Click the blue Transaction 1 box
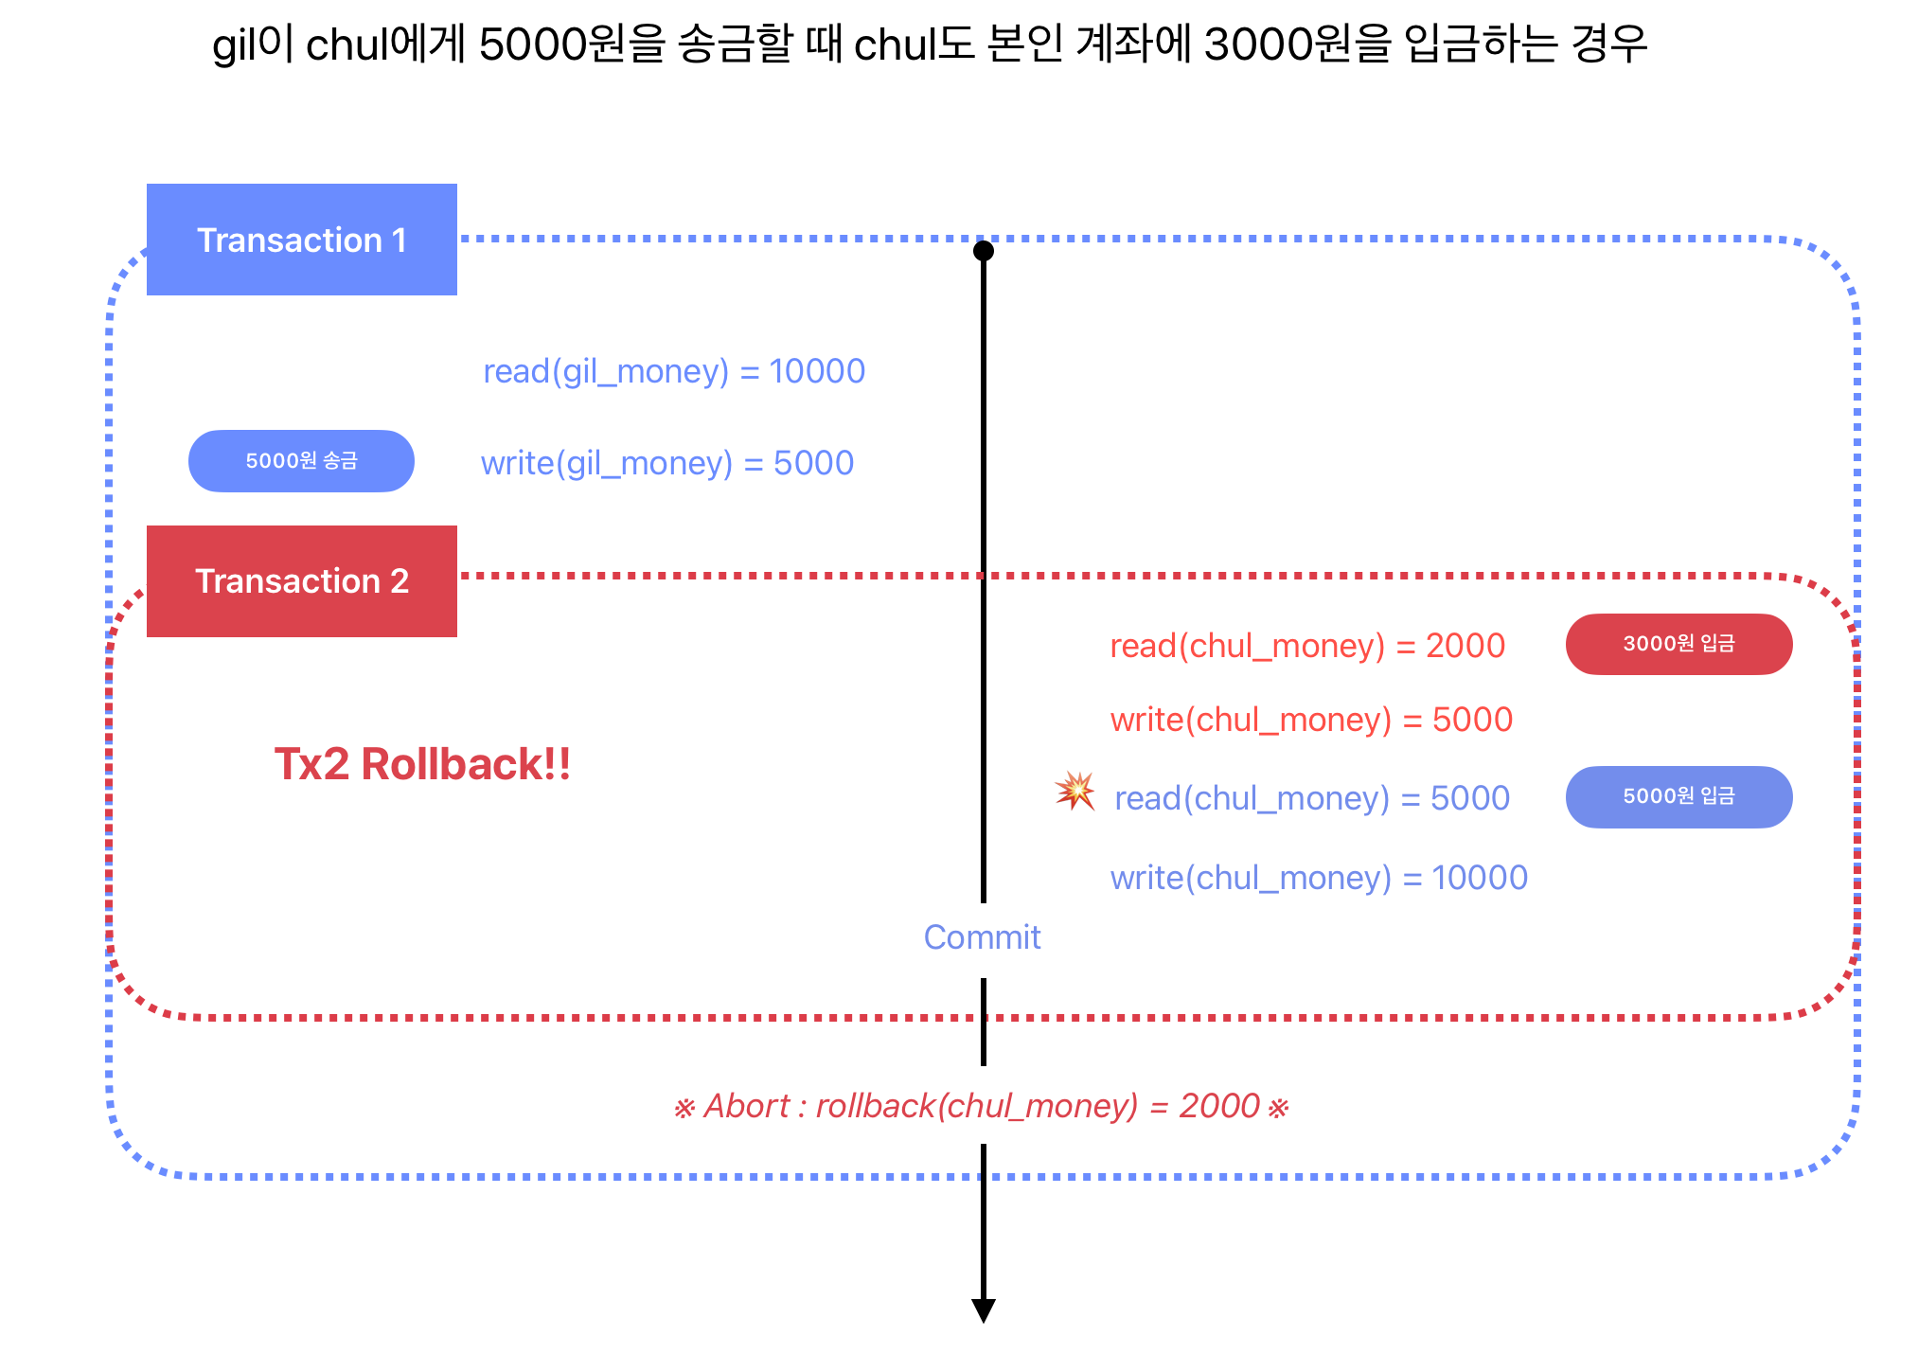click(x=301, y=240)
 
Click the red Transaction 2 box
click(x=301, y=580)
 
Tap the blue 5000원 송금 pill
click(x=301, y=461)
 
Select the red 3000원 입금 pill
click(x=1678, y=644)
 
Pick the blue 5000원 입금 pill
click(x=1678, y=796)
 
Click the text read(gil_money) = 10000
click(x=674, y=371)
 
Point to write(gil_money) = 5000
click(x=667, y=463)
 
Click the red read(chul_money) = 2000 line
click(x=1307, y=646)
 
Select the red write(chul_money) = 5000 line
click(x=1311, y=720)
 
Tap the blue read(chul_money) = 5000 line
click(x=1312, y=798)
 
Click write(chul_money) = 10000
click(x=1319, y=878)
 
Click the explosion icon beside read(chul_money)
click(x=1075, y=791)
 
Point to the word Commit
click(x=982, y=937)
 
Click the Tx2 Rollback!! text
click(x=422, y=764)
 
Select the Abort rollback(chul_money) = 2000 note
click(x=981, y=1106)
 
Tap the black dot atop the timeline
click(x=984, y=251)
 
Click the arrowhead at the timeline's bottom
click(x=984, y=1310)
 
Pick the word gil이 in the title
click(x=254, y=45)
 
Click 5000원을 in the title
click(x=573, y=45)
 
